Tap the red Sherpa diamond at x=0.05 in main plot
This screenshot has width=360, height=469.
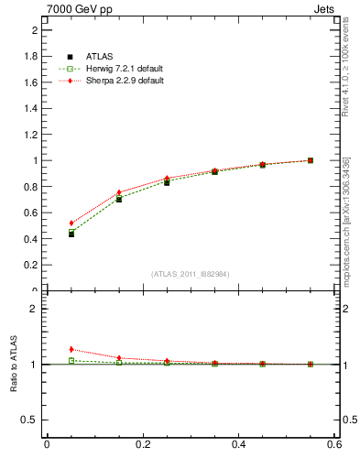coord(71,223)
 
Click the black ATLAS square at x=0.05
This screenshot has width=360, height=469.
coord(71,234)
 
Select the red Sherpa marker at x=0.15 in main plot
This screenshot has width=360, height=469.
coord(119,192)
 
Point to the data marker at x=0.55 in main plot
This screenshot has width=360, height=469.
coord(311,160)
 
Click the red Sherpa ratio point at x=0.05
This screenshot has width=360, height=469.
coord(71,349)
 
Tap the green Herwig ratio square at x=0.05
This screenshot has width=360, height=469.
coord(71,361)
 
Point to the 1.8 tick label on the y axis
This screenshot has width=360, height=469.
coord(31,56)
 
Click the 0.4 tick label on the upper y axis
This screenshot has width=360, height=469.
coord(31,239)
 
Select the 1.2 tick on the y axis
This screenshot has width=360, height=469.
coord(31,135)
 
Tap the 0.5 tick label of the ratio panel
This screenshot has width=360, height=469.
coord(31,420)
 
